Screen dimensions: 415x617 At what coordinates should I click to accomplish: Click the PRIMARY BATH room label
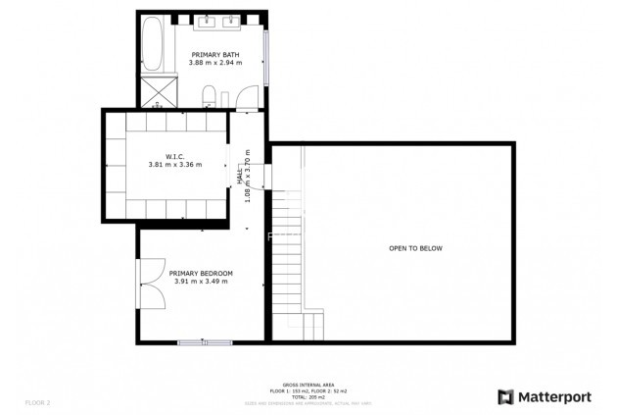point(214,54)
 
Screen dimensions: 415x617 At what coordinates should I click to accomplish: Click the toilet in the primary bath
point(210,95)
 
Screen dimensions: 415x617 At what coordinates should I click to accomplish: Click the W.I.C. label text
point(175,156)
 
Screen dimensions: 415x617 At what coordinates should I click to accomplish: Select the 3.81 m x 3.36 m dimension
point(175,165)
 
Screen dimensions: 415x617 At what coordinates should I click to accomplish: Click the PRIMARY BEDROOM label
point(201,273)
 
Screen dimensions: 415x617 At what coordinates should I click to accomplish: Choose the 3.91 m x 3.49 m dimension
point(201,282)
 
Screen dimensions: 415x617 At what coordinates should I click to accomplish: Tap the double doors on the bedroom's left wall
point(150,284)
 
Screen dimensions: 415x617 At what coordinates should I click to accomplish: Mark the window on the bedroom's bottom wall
point(205,341)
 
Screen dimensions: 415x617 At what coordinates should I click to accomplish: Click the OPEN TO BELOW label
point(415,248)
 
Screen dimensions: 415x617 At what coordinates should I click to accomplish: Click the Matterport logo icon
point(505,397)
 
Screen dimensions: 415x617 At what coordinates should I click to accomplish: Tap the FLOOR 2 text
point(37,402)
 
